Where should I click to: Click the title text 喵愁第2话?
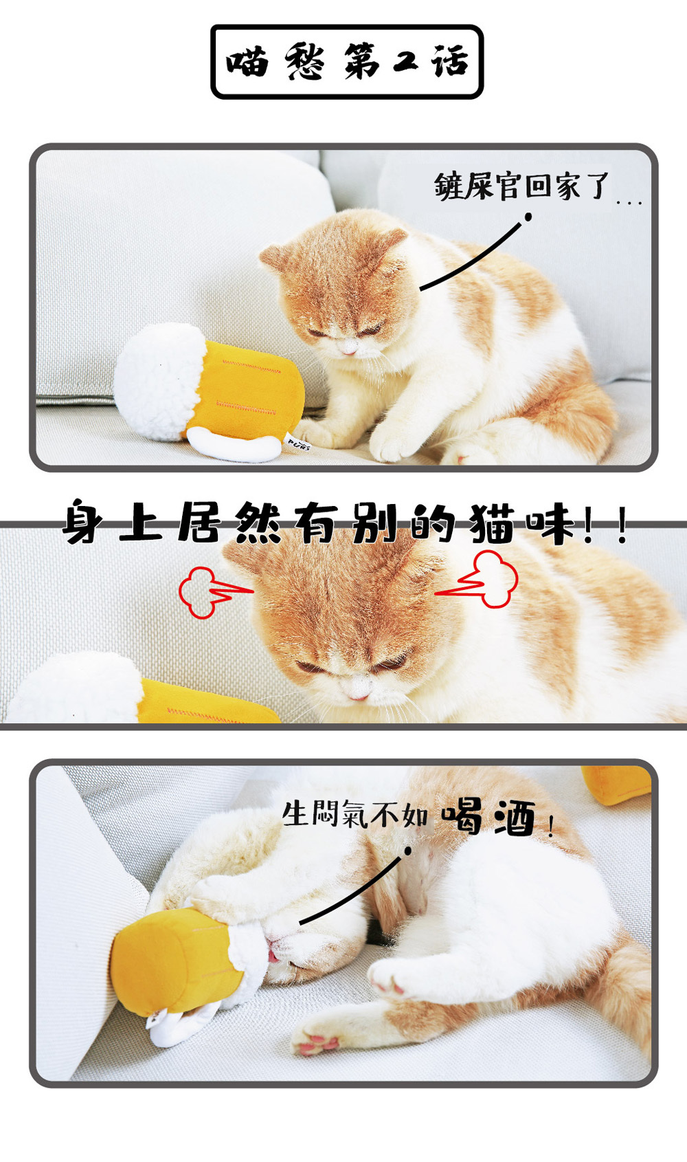[347, 62]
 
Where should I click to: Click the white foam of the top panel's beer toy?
[158, 382]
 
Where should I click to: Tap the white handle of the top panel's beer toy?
[234, 447]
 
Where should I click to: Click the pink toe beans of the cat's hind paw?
[317, 1043]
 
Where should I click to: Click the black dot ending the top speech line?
[528, 217]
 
